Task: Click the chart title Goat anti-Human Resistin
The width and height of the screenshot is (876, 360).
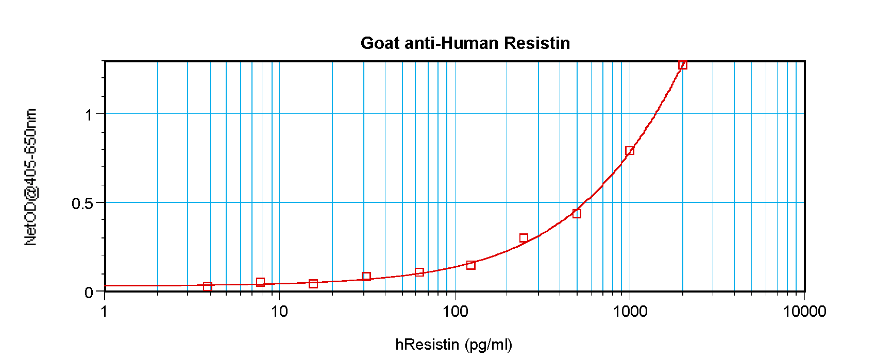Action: point(465,43)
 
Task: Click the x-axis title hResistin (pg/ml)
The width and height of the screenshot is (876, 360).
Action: point(453,344)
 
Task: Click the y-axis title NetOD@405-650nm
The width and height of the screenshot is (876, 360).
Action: point(31,177)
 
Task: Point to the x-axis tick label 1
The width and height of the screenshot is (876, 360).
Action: point(105,311)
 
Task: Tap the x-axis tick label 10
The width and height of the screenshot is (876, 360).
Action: point(279,311)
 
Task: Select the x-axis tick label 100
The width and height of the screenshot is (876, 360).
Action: point(454,311)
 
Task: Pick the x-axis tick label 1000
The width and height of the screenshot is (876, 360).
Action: point(630,311)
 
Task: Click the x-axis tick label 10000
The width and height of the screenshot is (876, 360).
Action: point(804,311)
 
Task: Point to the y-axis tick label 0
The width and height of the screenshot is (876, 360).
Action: point(89,293)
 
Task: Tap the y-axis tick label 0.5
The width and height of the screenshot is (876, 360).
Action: point(82,203)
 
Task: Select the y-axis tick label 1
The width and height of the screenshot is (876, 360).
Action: point(89,114)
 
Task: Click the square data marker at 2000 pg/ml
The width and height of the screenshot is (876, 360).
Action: point(682,65)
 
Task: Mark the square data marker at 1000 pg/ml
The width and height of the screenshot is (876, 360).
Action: point(630,151)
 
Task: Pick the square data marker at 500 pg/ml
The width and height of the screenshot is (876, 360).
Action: point(577,214)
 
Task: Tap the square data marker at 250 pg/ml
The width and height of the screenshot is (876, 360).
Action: point(524,238)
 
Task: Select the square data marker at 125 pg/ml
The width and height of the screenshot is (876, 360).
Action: point(470,265)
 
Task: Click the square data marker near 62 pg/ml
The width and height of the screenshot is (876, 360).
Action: point(419,272)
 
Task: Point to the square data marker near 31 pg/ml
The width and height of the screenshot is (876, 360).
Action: point(366,277)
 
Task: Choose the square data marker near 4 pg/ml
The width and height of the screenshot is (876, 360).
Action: point(207,287)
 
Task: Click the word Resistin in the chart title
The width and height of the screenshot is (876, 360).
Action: point(537,43)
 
